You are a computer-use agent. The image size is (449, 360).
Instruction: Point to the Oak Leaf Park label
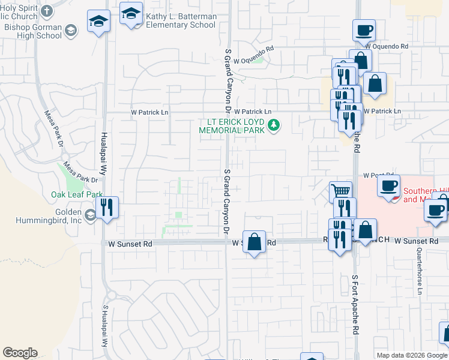[x=77, y=194]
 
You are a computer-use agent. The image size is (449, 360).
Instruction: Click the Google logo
[x=20, y=353]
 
